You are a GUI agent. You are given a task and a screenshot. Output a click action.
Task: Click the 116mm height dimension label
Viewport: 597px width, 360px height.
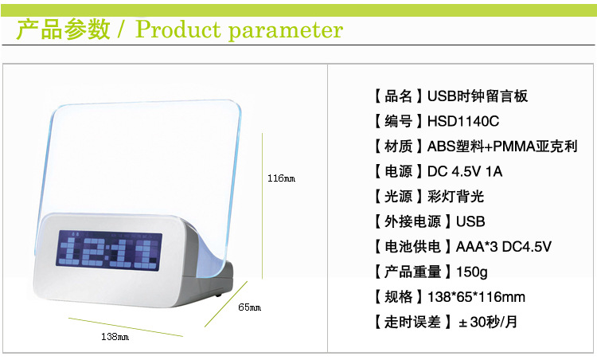pyautogui.click(x=281, y=178)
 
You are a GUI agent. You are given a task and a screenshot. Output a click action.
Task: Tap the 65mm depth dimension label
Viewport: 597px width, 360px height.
pyautogui.click(x=249, y=307)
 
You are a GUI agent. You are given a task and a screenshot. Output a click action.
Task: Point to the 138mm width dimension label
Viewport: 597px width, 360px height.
pyautogui.click(x=115, y=337)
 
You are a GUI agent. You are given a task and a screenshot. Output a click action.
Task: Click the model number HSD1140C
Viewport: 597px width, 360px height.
pyautogui.click(x=463, y=121)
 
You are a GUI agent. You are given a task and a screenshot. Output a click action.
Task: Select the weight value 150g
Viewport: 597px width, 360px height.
pyautogui.click(x=472, y=272)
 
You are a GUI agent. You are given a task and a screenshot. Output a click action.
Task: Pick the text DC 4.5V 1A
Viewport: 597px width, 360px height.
pyautogui.click(x=465, y=171)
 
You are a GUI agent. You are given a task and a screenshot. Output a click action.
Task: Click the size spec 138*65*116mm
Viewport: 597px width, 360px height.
pyautogui.click(x=476, y=297)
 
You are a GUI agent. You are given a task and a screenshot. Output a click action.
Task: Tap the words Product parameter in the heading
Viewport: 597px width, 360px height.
pyautogui.click(x=239, y=29)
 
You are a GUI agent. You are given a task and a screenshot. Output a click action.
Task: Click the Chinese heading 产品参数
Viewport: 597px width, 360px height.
pyautogui.click(x=64, y=29)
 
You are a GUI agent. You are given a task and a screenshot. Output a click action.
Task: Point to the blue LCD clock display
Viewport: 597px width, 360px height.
pyautogui.click(x=109, y=248)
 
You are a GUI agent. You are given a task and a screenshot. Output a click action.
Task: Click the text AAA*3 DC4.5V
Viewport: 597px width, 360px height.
pyautogui.click(x=504, y=247)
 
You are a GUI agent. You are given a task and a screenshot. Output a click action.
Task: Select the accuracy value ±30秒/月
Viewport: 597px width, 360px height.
pyautogui.click(x=488, y=323)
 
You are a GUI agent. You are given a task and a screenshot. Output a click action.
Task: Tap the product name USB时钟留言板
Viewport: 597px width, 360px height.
pyautogui.click(x=478, y=96)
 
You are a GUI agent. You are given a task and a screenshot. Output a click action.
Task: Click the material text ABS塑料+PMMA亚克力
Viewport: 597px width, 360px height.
pyautogui.click(x=502, y=147)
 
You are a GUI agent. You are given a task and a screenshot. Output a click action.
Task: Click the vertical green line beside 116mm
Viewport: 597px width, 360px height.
pyautogui.click(x=263, y=206)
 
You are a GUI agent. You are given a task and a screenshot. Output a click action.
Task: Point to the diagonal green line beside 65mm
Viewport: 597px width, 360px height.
pyautogui.click(x=226, y=304)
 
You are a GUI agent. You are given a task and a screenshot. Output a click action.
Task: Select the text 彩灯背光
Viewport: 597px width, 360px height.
pyautogui.click(x=456, y=197)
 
